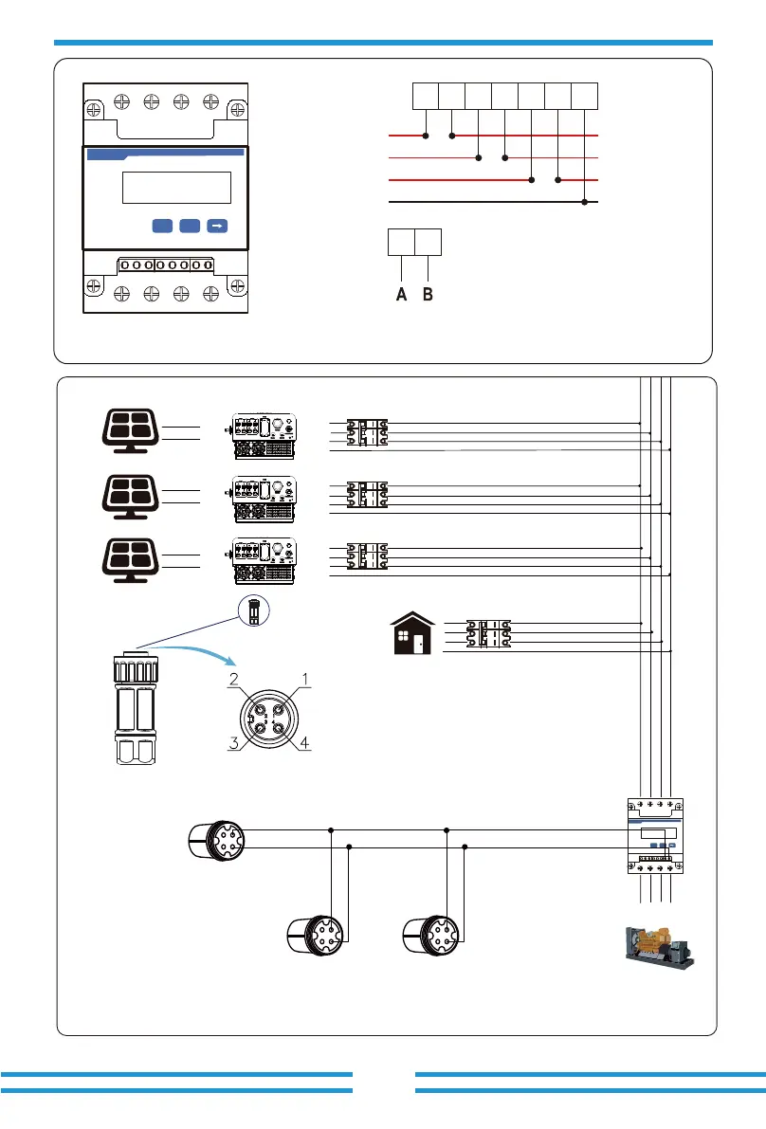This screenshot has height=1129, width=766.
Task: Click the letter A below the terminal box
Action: [x=402, y=295]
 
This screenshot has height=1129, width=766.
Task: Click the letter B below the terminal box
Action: [x=429, y=295]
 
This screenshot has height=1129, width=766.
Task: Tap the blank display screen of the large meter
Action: [x=177, y=187]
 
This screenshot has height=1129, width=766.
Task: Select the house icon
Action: [x=413, y=632]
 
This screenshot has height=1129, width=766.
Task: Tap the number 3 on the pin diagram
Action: [x=233, y=744]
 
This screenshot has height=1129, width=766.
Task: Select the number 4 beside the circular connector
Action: [x=304, y=744]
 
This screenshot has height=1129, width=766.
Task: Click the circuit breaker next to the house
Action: [x=489, y=634]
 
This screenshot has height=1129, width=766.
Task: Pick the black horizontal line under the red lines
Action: [x=494, y=202]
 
